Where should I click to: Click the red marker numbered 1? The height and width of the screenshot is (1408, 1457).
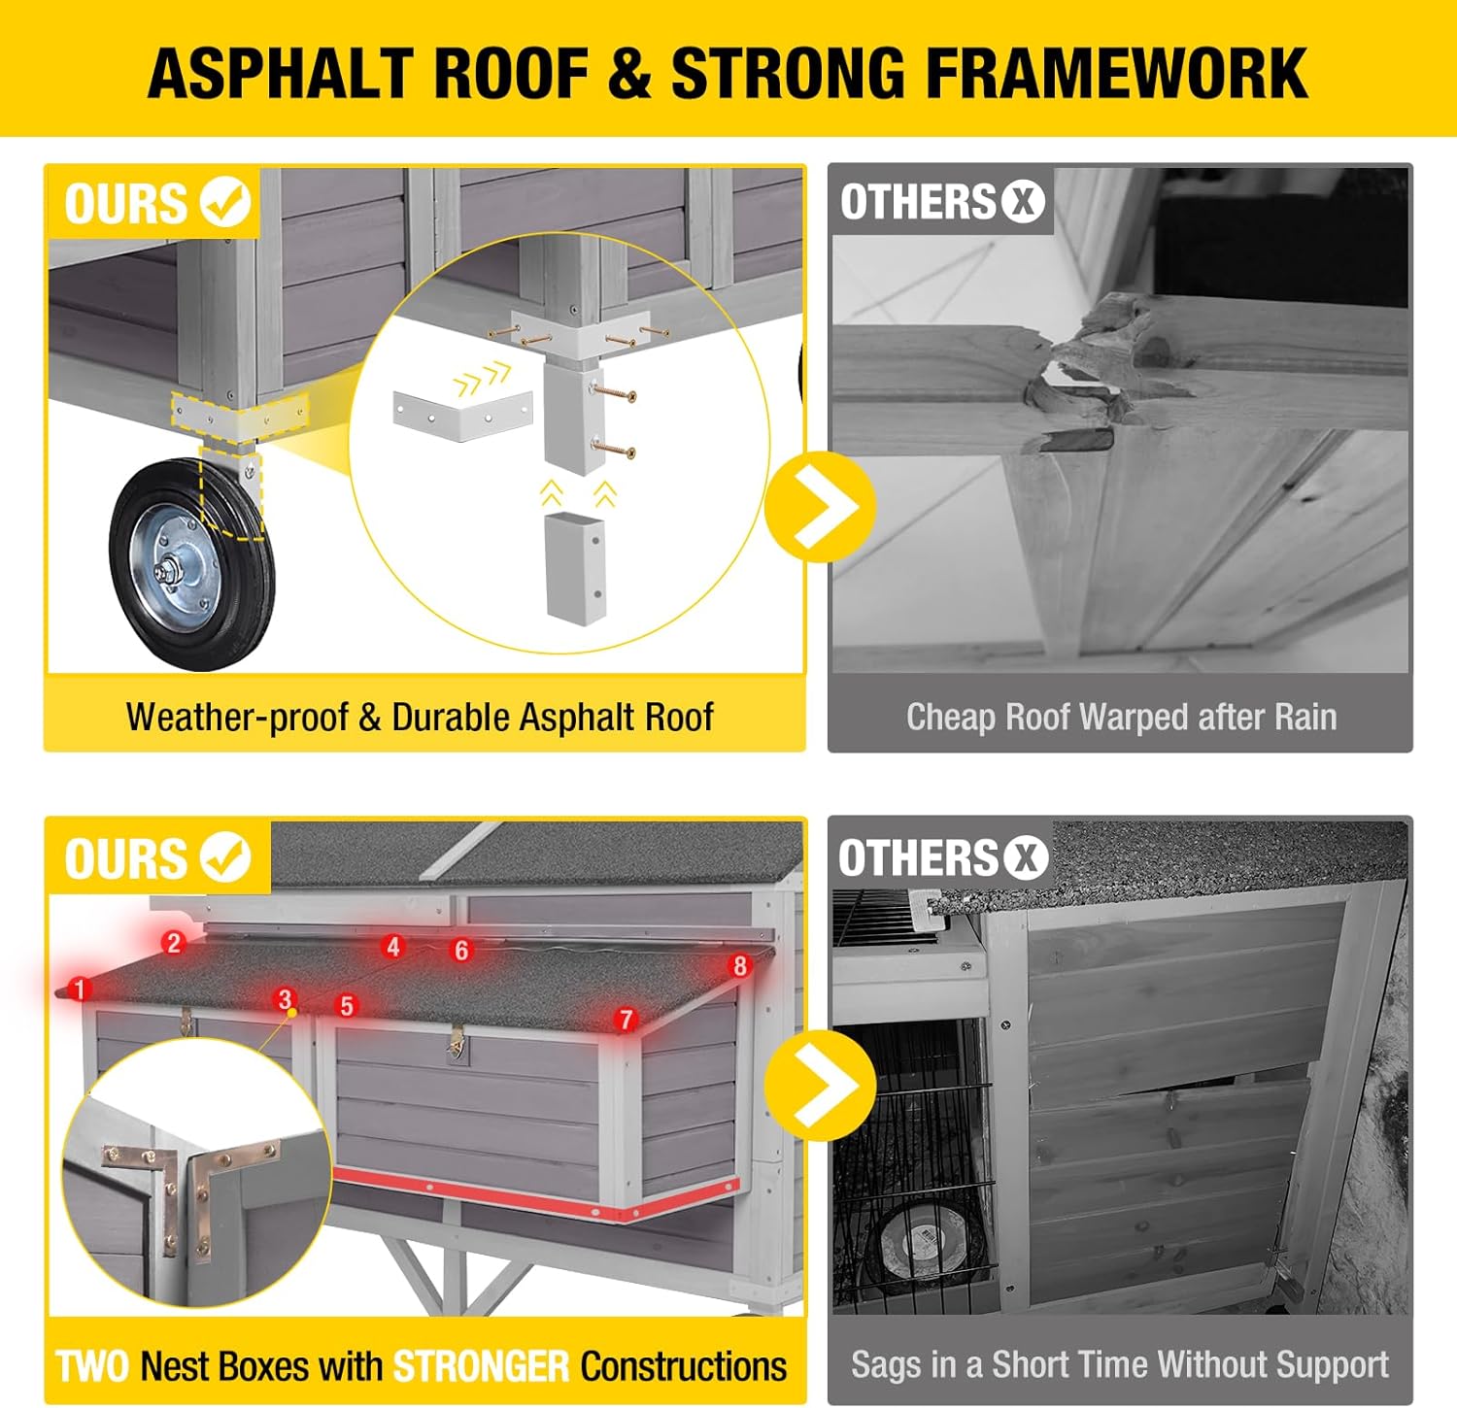(80, 989)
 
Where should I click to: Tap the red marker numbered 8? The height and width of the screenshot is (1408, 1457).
(740, 965)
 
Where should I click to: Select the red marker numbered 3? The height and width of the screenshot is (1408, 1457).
(285, 999)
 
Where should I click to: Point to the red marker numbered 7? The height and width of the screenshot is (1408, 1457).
(626, 1019)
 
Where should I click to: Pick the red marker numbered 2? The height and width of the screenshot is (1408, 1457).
(174, 942)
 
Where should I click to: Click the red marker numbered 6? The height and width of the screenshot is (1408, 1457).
(461, 951)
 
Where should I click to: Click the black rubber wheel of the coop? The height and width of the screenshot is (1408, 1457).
(191, 565)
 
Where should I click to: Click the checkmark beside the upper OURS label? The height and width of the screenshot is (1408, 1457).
(225, 202)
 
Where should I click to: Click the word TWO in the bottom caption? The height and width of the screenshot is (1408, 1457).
(92, 1366)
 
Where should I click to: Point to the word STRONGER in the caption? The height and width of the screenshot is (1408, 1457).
(481, 1366)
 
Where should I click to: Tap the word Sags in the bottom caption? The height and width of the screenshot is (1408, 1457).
(883, 1366)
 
